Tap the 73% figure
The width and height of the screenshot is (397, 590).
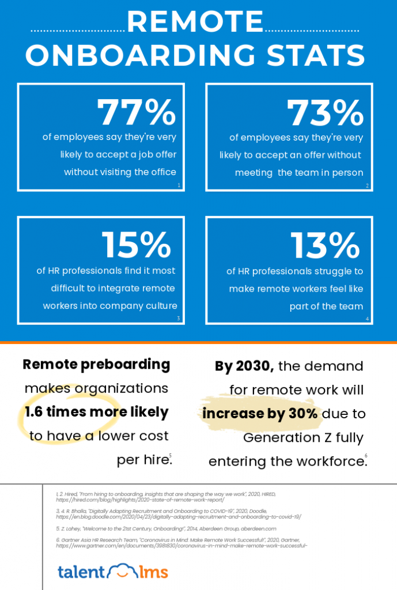pos(325,113)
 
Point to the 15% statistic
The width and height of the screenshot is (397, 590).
pos(137,245)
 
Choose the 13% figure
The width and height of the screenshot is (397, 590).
pos(325,245)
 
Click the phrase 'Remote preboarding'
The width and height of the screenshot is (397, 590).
pos(96,365)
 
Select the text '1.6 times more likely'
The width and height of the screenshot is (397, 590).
pos(96,412)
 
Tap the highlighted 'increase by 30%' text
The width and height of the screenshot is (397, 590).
pos(260,414)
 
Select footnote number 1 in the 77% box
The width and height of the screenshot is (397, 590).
pos(179,186)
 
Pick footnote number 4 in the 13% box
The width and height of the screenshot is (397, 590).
pos(367,319)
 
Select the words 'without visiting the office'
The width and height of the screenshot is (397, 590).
pos(120,172)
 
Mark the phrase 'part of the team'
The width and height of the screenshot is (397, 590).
pos(326,307)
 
